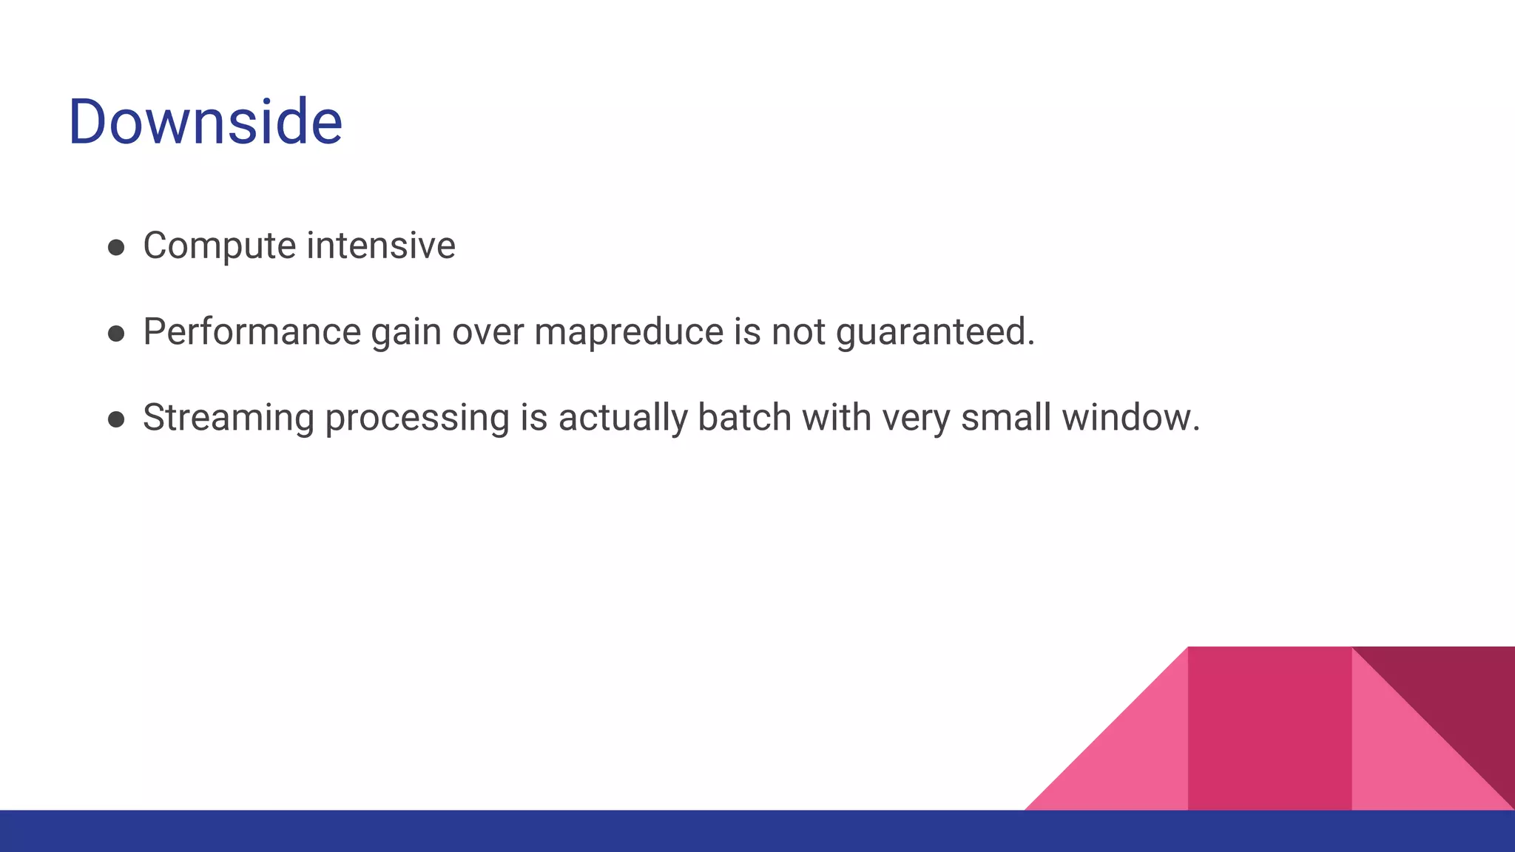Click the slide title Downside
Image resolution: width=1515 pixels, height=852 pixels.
205,121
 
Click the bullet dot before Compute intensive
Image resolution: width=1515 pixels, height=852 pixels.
116,247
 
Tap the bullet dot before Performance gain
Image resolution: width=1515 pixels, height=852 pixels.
116,334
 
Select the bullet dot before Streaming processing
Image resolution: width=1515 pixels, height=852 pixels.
116,419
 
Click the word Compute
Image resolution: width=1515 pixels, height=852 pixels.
219,246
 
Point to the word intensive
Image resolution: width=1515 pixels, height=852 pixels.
381,245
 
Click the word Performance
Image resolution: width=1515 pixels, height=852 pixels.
252,331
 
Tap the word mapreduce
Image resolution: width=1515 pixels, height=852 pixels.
628,331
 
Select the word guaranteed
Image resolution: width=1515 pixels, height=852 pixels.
934,332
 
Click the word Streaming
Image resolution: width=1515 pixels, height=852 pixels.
229,418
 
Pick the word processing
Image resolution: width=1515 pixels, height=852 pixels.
417,419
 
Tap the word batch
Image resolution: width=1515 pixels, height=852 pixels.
744,417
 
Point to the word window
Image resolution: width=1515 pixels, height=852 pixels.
1130,417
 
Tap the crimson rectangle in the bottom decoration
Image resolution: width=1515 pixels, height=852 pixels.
1269,728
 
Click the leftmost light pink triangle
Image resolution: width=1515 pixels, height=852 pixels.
1132,762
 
